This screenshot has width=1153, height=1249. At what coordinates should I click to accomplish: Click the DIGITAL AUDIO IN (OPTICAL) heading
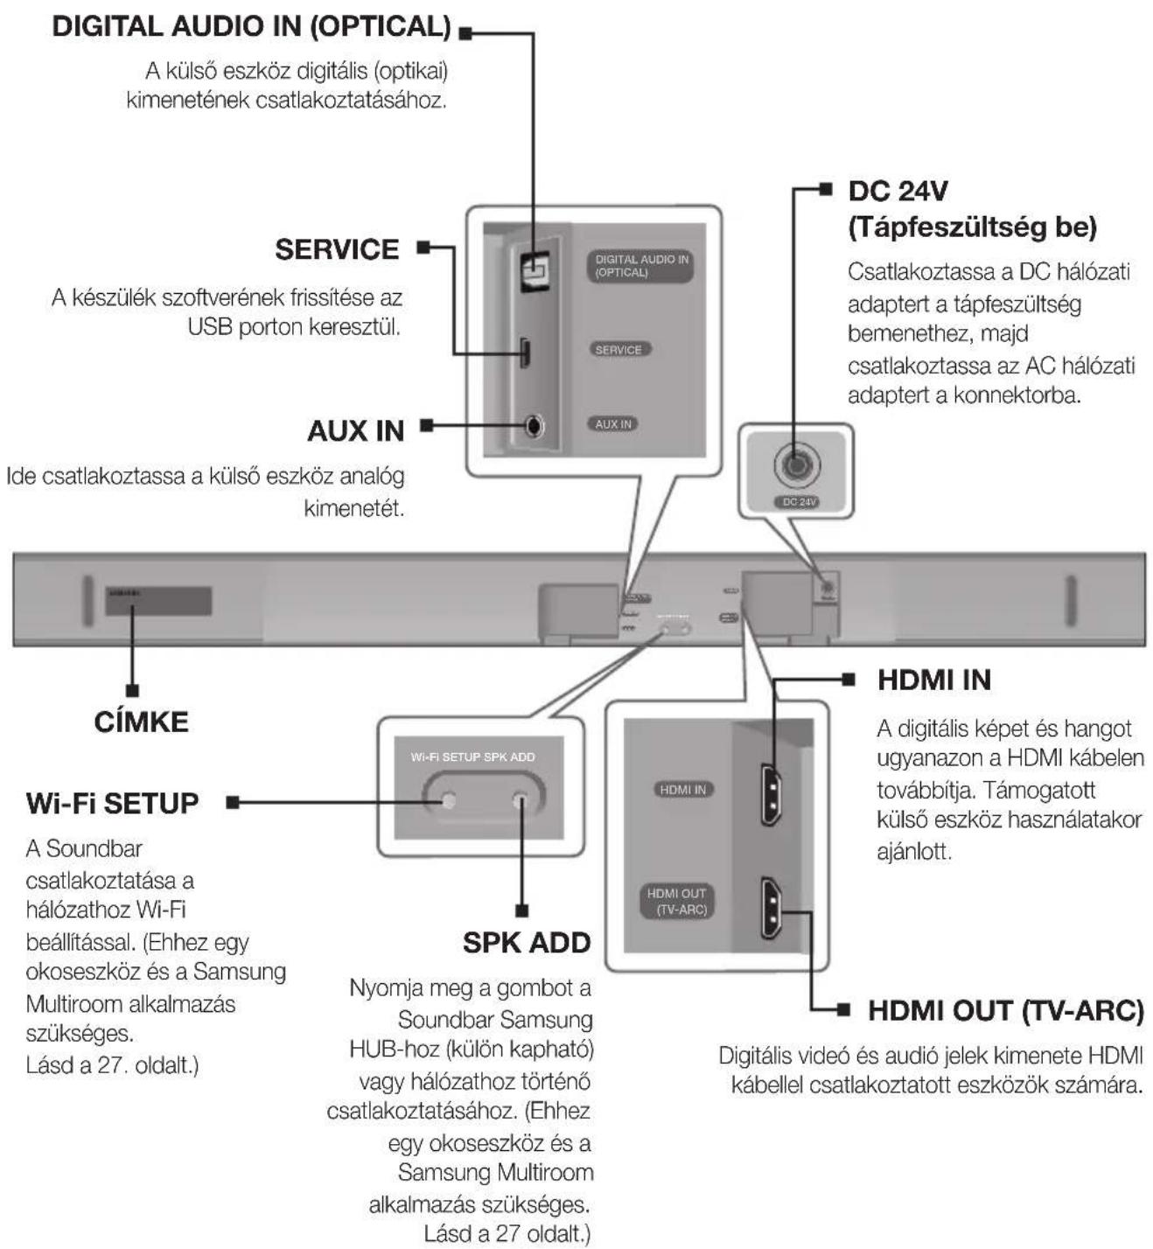pyautogui.click(x=251, y=27)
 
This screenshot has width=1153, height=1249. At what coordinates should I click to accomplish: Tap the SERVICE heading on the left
pyautogui.click(x=337, y=249)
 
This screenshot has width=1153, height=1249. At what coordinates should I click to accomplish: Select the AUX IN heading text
pyautogui.click(x=355, y=431)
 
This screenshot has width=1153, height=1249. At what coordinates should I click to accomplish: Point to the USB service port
pyautogui.click(x=525, y=352)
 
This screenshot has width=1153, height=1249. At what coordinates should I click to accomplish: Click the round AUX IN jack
pyautogui.click(x=535, y=426)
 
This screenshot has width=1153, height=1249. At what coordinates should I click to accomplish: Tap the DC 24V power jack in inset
pyautogui.click(x=795, y=464)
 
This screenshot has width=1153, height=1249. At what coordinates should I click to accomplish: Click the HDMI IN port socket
pyautogui.click(x=771, y=794)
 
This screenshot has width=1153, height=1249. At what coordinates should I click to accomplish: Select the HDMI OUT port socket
pyautogui.click(x=771, y=908)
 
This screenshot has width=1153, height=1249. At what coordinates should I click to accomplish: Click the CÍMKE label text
pyautogui.click(x=141, y=722)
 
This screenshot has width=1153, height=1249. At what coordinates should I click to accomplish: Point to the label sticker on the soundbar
pyautogui.click(x=158, y=601)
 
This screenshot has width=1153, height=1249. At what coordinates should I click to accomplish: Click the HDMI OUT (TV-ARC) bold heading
pyautogui.click(x=1005, y=1011)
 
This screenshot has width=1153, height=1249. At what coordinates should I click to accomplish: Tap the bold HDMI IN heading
pyautogui.click(x=933, y=680)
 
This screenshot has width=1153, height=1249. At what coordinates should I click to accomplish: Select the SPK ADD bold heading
pyautogui.click(x=527, y=943)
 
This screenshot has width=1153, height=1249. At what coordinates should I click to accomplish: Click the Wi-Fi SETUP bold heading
pyautogui.click(x=112, y=803)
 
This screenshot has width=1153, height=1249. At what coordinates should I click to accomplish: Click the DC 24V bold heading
pyautogui.click(x=898, y=192)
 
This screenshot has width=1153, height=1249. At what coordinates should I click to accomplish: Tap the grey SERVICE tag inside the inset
pyautogui.click(x=618, y=350)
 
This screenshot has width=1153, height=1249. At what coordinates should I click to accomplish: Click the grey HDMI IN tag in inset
pyautogui.click(x=682, y=790)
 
